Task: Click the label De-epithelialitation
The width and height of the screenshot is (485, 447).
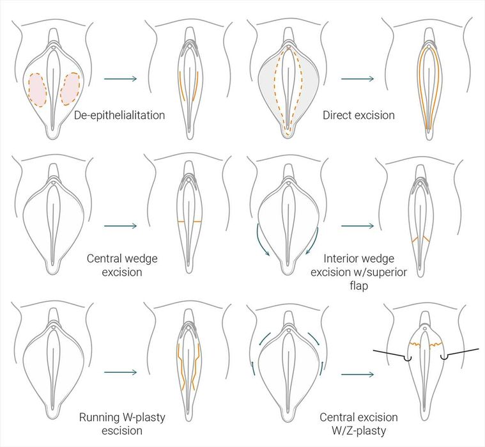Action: click(119, 116)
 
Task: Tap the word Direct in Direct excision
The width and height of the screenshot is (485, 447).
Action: click(337, 115)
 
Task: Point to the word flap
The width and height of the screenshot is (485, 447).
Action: click(359, 286)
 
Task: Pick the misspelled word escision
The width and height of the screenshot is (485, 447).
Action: click(122, 430)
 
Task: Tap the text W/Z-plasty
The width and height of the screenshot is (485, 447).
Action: click(359, 430)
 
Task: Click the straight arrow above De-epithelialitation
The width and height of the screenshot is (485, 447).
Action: click(120, 79)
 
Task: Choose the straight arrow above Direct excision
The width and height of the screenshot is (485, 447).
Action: click(358, 79)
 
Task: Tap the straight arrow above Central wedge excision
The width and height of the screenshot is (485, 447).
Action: click(120, 226)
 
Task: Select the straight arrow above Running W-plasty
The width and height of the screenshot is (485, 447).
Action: click(120, 372)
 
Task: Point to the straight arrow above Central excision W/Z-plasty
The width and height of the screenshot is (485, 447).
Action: click(358, 375)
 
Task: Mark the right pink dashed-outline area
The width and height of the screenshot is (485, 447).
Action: click(70, 89)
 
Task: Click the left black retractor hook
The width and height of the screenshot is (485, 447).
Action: click(392, 354)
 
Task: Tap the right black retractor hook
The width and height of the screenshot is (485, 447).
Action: click(459, 353)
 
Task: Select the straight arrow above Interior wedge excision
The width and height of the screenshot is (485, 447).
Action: click(358, 226)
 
